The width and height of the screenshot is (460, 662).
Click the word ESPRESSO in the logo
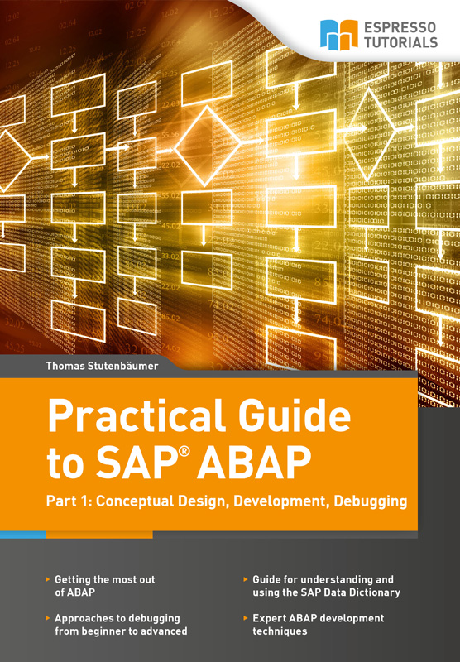click(x=400, y=28)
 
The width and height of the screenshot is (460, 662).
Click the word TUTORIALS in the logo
click(x=401, y=42)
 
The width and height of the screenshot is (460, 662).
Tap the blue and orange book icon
click(x=339, y=35)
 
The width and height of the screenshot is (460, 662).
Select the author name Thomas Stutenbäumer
click(x=102, y=366)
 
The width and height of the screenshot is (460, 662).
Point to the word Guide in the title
click(x=295, y=416)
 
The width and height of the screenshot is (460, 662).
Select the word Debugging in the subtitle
click(x=370, y=501)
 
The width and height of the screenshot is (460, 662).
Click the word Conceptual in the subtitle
click(x=135, y=501)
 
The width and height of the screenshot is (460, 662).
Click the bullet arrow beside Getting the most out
click(x=48, y=579)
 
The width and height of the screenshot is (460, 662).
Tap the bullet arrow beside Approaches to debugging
click(x=48, y=618)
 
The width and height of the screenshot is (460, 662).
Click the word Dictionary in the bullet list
click(x=378, y=592)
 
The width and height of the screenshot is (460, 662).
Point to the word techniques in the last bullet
click(x=280, y=631)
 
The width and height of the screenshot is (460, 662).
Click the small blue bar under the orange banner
click(x=23, y=535)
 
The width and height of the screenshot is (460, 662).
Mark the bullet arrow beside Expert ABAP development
click(x=246, y=618)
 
